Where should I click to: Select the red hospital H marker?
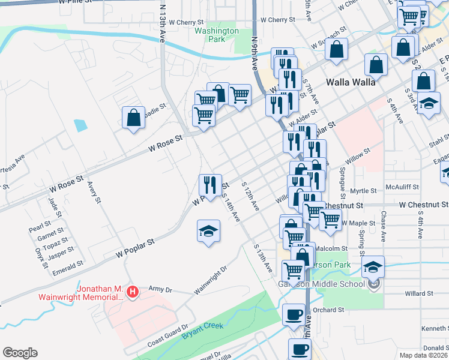pos(133,292)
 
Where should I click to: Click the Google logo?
pos(20,353)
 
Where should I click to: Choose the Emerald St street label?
pos(68,265)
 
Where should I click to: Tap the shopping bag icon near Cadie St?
pos(134,118)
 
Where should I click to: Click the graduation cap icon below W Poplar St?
pos(208,232)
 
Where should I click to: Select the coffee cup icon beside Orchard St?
pos(294,314)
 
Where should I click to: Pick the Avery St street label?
pos(93,193)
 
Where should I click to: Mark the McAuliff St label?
pos(406,187)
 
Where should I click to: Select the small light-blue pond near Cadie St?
pos(80,126)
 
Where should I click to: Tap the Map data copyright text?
pos(424,355)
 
